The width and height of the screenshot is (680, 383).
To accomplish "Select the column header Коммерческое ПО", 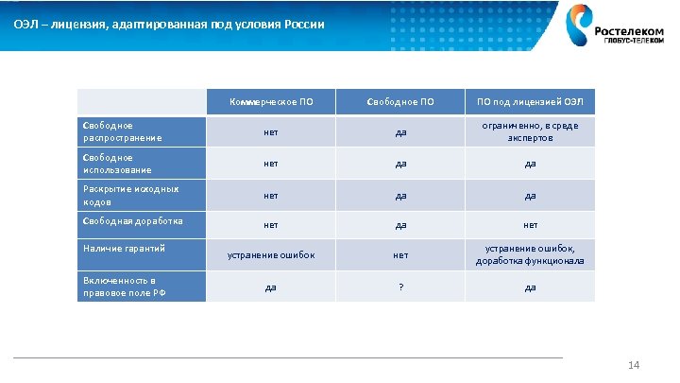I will pos(270,101).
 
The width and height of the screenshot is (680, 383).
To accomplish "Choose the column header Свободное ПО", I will pos(400,101).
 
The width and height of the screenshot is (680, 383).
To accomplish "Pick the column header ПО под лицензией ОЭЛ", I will pos(530,101).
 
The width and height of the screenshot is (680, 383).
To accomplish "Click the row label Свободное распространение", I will pos(142,131).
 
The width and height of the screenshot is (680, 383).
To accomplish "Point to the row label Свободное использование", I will pos(142,164).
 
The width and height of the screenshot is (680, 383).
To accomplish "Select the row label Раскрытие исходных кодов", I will pos(142,196).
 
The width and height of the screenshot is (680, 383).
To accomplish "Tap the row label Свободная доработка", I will pos(142,223).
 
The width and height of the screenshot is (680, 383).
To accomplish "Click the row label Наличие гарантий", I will pos(142,249).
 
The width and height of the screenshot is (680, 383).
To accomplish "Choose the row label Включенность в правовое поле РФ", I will pos(142,287).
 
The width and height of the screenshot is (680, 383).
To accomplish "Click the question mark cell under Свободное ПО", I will pos(400,287).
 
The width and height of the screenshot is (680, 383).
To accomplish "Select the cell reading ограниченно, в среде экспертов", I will pos(530,131).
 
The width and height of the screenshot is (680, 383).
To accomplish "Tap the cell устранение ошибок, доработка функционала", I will pos(530,254).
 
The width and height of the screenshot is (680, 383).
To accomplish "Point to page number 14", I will pos(634,366).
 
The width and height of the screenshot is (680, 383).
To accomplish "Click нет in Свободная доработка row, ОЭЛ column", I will pos(530,226).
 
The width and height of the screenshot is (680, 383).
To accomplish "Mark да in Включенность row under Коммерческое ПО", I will pos(270,287).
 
